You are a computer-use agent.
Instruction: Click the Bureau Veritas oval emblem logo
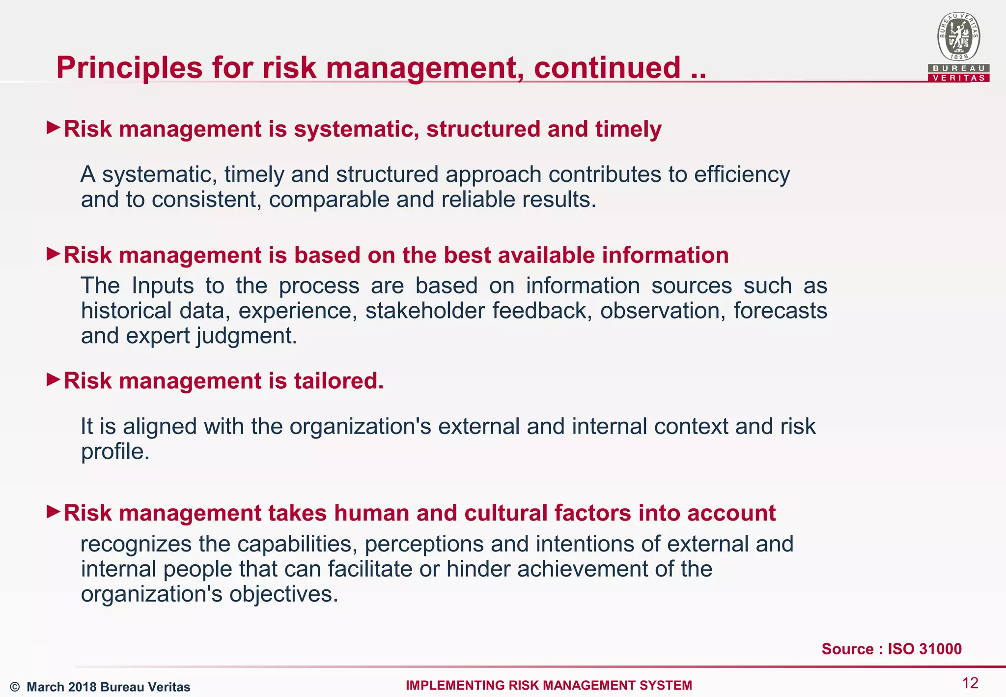tap(958, 37)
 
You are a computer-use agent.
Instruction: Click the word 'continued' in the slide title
tap(608, 67)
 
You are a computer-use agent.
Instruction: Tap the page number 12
tap(970, 683)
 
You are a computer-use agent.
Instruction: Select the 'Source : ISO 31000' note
tap(892, 649)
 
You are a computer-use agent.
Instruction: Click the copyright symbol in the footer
tap(15, 687)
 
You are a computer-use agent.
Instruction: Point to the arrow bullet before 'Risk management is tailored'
tap(53, 379)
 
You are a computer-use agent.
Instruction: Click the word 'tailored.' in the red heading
tap(339, 381)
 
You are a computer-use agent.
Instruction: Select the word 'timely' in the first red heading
tap(628, 129)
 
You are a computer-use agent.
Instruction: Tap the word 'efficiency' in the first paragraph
tap(742, 174)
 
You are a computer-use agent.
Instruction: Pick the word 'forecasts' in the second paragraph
tap(780, 311)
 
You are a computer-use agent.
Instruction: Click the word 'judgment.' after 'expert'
tap(247, 336)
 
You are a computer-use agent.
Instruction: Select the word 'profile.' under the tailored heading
tap(115, 452)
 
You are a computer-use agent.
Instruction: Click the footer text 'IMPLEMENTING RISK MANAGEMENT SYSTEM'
tap(549, 685)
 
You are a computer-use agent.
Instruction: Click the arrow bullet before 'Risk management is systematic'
tap(53, 128)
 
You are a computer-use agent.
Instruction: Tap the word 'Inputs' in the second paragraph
tap(163, 286)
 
